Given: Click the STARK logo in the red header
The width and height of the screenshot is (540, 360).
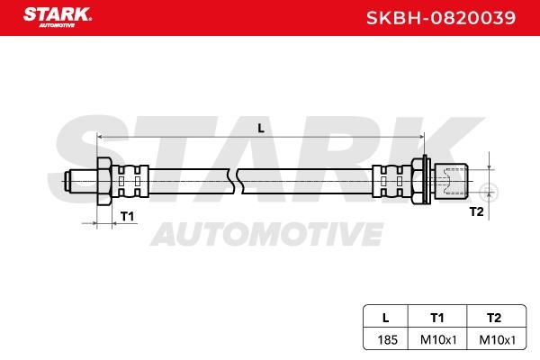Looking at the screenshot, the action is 58,17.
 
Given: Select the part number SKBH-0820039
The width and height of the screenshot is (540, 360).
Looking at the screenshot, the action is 441,18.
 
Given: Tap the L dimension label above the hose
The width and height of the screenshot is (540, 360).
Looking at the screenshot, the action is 261,129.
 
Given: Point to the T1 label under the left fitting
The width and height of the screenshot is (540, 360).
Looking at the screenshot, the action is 127,216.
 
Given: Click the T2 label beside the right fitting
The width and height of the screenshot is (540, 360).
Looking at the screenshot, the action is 477,211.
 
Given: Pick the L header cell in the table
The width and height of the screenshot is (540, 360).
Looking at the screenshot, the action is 386,318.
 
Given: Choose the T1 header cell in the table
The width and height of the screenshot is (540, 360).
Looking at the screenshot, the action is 437,318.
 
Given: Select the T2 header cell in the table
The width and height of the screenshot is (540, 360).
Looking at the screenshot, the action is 494,318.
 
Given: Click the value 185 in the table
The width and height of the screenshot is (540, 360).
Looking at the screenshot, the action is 387,339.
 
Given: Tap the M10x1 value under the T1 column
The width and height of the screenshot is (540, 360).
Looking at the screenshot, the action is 438,339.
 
